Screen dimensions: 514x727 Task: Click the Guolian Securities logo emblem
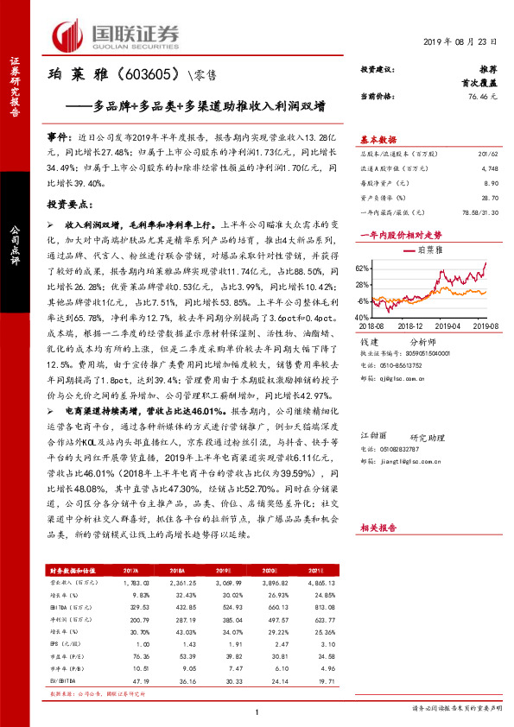[x=71, y=35]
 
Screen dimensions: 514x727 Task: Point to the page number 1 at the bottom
[x=257, y=711]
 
